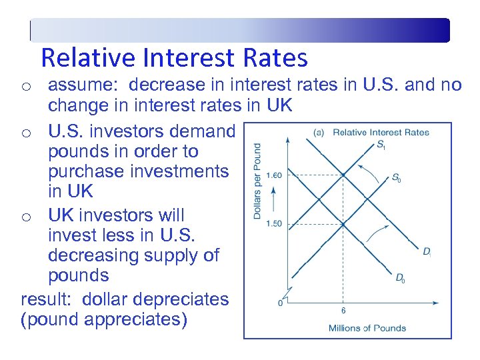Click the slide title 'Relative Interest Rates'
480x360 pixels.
tap(174, 58)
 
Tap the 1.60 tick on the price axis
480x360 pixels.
tap(274, 175)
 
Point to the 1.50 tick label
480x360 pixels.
tap(274, 223)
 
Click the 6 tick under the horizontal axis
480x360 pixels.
tap(343, 311)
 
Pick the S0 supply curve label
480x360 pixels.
tap(396, 178)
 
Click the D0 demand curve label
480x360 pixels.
tap(400, 279)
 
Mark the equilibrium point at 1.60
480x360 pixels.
tap(343, 175)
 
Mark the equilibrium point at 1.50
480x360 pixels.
tap(343, 223)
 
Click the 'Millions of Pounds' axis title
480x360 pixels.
tap(367, 327)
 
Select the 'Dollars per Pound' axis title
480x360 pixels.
tap(257, 181)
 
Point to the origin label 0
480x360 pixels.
tap(281, 303)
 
